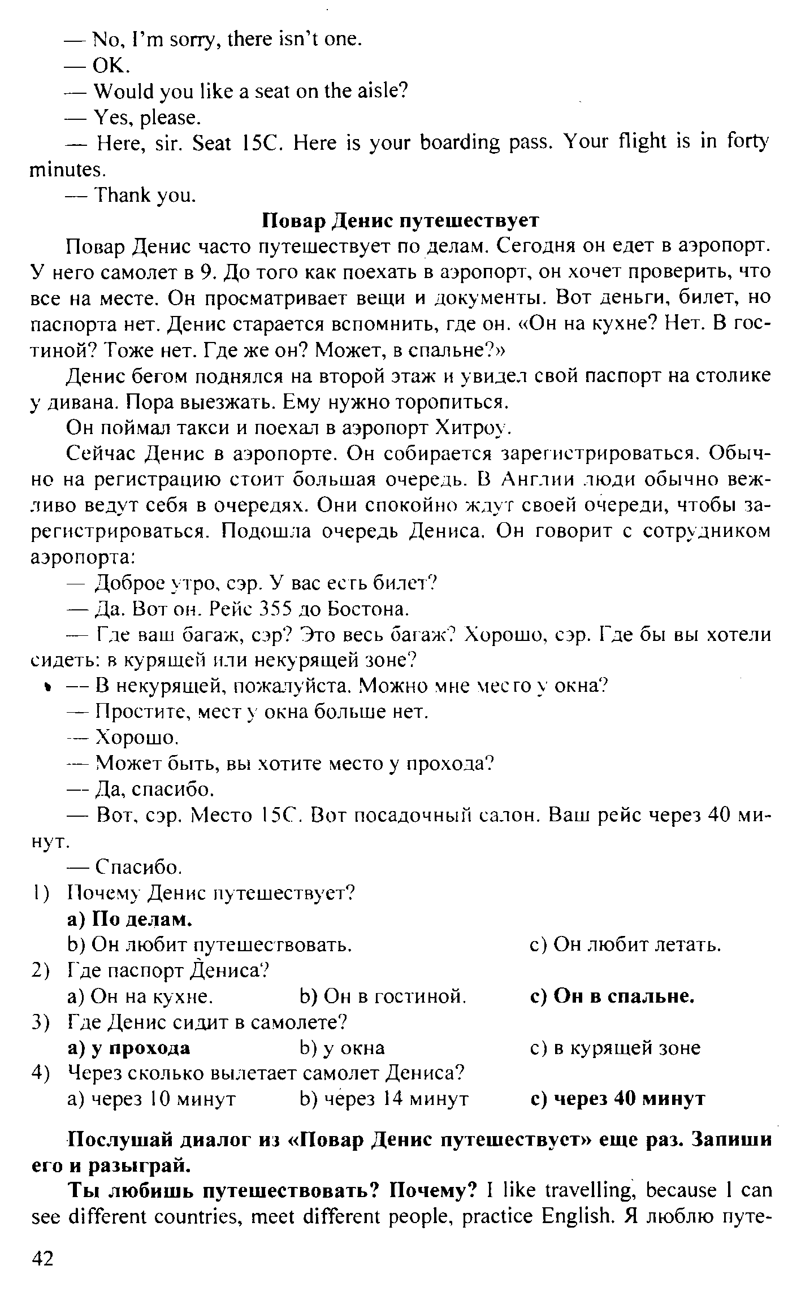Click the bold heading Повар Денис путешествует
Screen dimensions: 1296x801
click(401, 220)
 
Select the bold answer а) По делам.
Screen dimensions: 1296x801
click(129, 919)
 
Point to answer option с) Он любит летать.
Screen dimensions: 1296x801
click(626, 944)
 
